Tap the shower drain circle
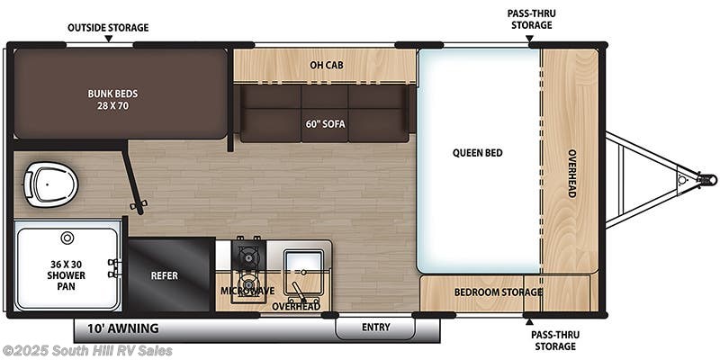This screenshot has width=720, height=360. tap(67, 238)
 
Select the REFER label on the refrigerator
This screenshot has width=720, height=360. tap(165, 275)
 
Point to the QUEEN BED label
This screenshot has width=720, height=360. tap(478, 153)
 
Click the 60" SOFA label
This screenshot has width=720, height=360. tap(325, 124)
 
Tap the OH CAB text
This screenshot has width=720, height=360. tap(326, 65)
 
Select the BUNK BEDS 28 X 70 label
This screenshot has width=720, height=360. tap(113, 100)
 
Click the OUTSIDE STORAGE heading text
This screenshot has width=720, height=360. tap(108, 28)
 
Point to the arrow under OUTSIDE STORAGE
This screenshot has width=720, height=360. tap(108, 39)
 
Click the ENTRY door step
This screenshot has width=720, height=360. tap(375, 328)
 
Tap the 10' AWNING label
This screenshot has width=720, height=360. tap(123, 328)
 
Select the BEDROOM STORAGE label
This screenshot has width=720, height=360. tap(499, 292)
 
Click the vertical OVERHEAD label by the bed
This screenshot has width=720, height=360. tap(572, 174)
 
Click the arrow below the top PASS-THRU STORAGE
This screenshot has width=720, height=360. tap(529, 39)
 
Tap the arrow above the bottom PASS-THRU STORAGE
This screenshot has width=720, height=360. tap(529, 321)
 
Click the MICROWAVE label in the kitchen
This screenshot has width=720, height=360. tap(247, 291)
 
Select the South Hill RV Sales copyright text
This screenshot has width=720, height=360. tap(86, 351)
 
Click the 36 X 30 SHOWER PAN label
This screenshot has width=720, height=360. tap(67, 275)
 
